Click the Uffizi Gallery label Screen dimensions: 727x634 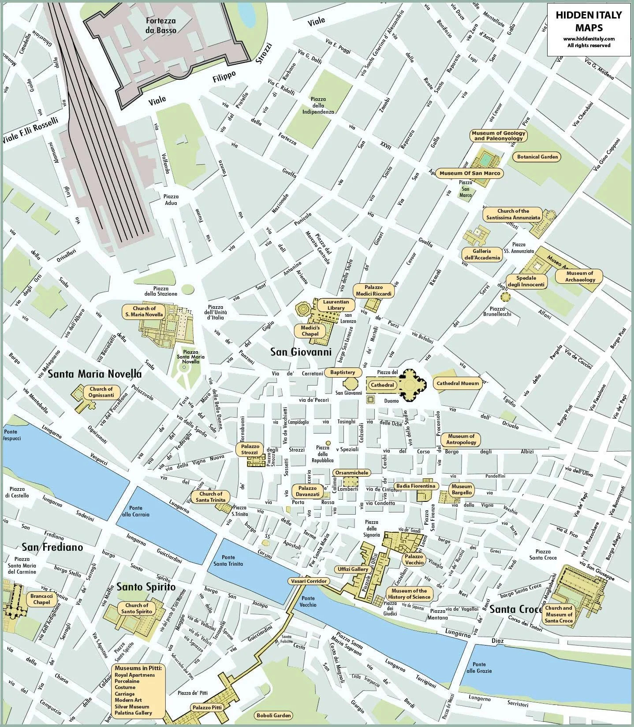(x=353, y=569)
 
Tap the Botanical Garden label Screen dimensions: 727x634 (x=537, y=157)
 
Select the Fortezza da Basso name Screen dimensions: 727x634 (x=161, y=26)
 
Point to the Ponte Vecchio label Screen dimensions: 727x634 (x=308, y=601)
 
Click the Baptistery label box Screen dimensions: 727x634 (x=343, y=373)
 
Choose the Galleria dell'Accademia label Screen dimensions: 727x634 (x=482, y=255)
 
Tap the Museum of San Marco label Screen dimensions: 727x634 (x=470, y=173)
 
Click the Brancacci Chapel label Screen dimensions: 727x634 (x=41, y=599)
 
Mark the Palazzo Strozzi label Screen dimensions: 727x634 (x=250, y=449)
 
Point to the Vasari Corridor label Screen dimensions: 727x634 (x=309, y=581)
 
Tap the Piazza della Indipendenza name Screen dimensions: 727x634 (x=318, y=105)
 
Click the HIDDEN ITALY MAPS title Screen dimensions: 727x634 (x=588, y=21)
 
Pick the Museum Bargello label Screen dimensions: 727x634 (x=462, y=490)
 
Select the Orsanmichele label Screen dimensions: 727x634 (x=351, y=473)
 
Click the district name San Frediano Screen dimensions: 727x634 (x=52, y=547)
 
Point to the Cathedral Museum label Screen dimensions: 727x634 (x=457, y=383)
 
